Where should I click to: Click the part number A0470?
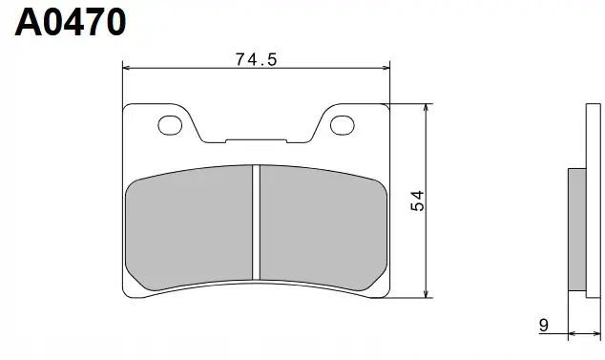71,22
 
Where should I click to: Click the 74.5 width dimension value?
256,59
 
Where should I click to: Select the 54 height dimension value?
417,201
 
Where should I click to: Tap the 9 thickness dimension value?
543,326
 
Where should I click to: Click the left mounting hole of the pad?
170,125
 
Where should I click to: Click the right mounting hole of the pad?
343,125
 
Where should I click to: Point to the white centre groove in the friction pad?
256,222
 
